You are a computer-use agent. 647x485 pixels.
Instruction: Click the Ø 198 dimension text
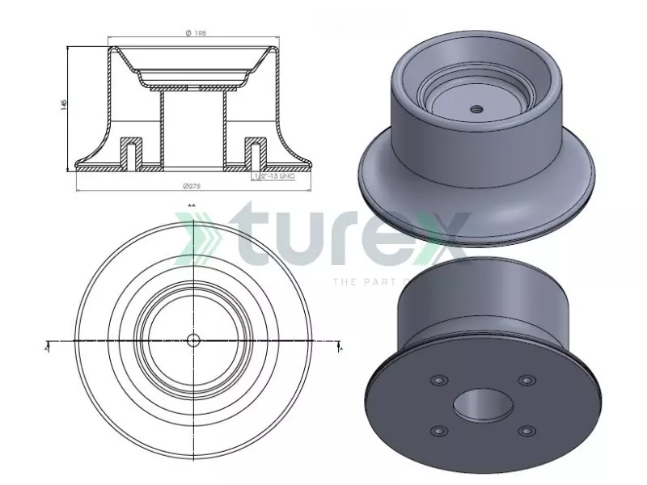point(195,32)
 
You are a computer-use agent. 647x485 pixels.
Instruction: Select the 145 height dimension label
point(63,105)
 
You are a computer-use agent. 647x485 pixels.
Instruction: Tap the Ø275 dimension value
point(192,186)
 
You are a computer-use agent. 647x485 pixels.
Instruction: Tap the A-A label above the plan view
point(192,206)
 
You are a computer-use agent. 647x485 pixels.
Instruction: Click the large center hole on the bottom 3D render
point(484,403)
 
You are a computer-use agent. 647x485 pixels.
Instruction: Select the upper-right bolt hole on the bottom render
point(527,379)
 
